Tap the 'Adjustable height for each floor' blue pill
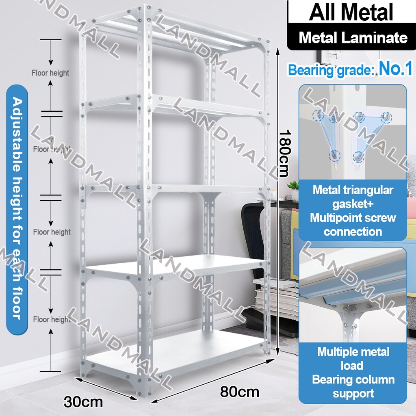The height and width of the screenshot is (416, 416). click(x=17, y=207)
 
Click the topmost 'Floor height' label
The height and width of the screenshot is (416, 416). click(x=50, y=73)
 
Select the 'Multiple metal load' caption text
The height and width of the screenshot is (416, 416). click(x=353, y=358)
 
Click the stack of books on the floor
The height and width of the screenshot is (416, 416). click(x=276, y=297)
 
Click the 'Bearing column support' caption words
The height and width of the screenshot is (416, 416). click(x=353, y=386)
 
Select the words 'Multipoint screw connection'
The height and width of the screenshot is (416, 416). click(x=353, y=225)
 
